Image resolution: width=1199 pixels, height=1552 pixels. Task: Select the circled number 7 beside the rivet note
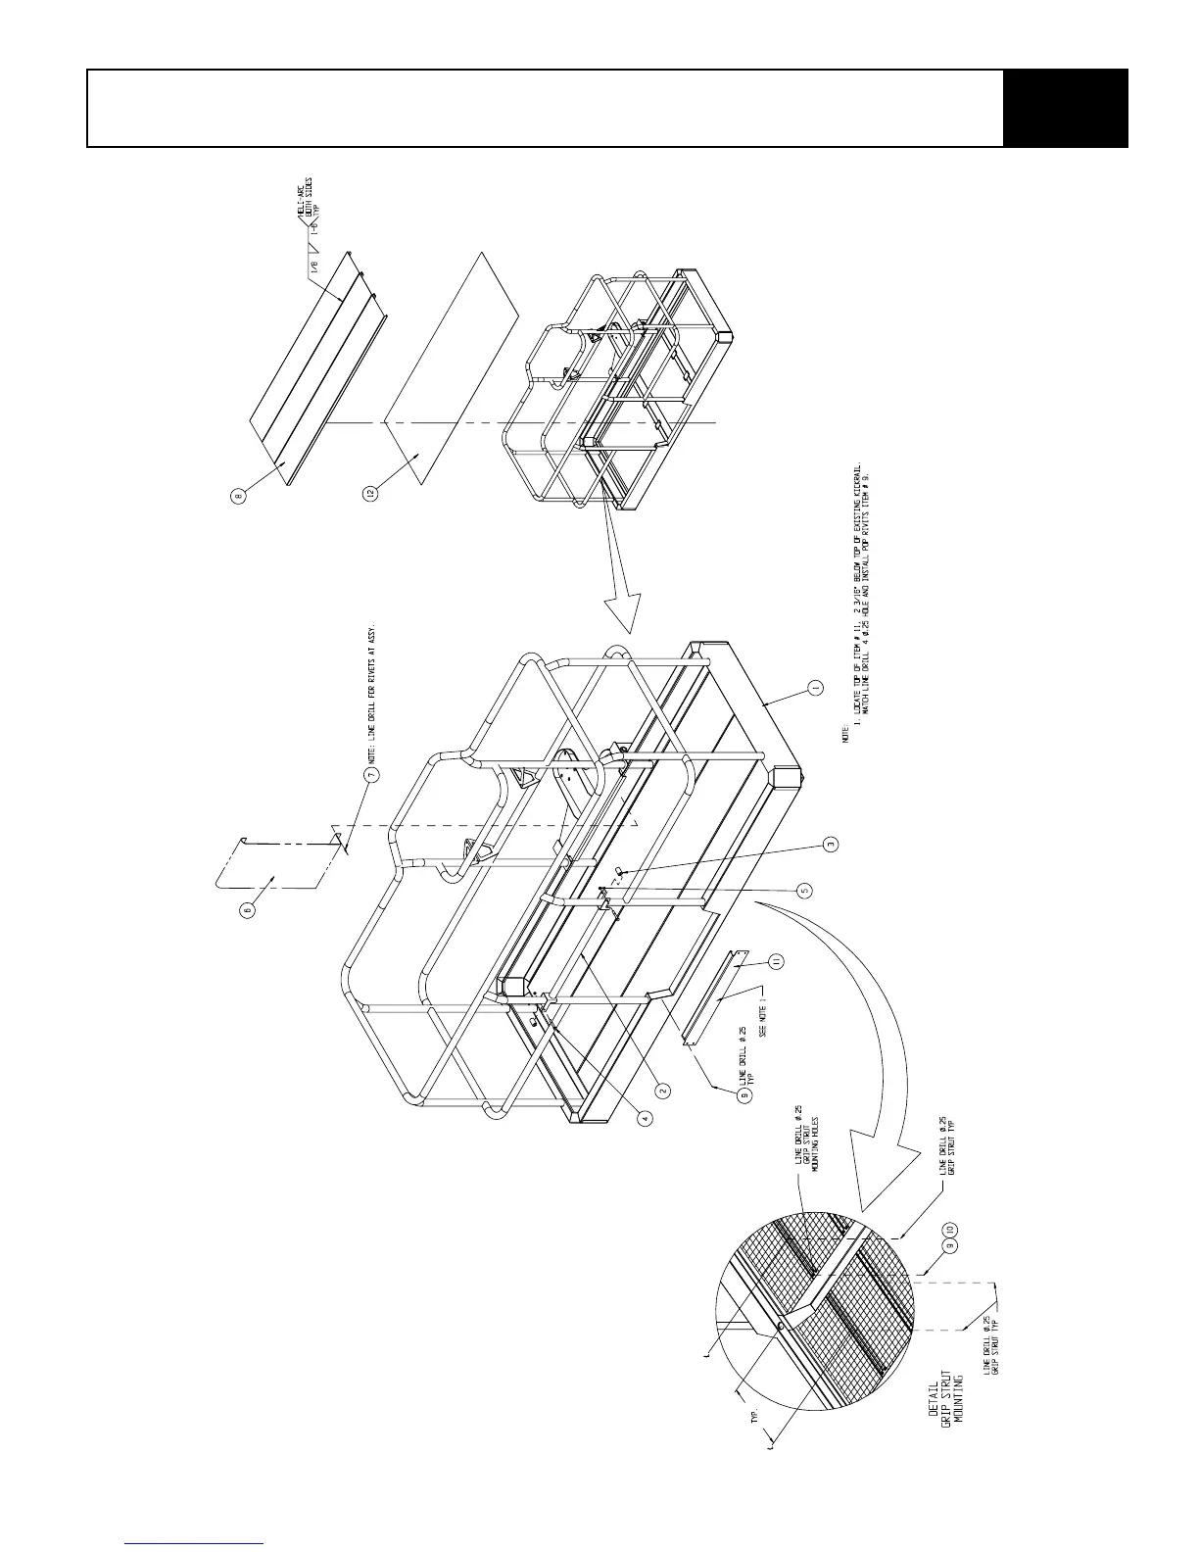tap(371, 774)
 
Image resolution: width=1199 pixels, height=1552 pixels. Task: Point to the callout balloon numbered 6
tap(248, 908)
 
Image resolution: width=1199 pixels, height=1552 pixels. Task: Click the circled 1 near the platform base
tap(815, 689)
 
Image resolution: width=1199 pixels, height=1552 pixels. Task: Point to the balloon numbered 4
tap(647, 1117)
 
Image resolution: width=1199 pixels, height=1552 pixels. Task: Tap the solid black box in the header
tap(1066, 109)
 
